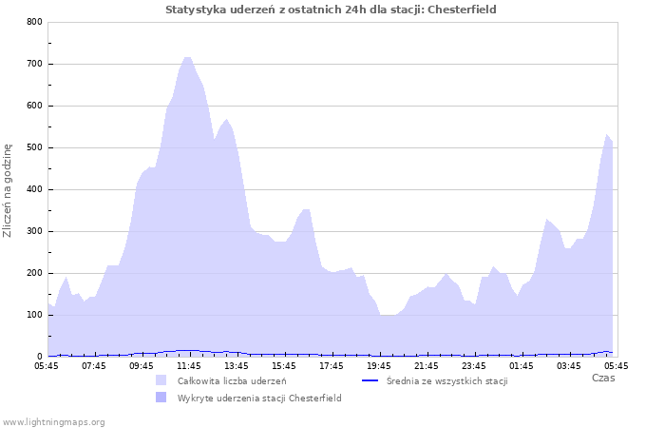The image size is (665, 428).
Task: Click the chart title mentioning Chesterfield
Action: click(x=331, y=10)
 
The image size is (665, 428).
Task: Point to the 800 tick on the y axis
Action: click(x=33, y=22)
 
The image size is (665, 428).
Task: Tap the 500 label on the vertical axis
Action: click(x=33, y=147)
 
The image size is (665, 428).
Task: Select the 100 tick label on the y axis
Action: click(x=33, y=315)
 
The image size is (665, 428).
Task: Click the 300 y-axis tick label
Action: click(x=33, y=231)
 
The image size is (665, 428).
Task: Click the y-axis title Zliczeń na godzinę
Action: click(x=8, y=190)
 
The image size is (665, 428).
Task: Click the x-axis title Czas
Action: click(x=602, y=378)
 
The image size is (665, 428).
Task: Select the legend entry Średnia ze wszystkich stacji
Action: click(x=446, y=380)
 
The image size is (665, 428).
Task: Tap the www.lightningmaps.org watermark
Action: click(x=53, y=421)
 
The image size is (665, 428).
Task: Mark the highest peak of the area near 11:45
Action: click(x=187, y=57)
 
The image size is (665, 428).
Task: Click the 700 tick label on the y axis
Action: click(x=33, y=64)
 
